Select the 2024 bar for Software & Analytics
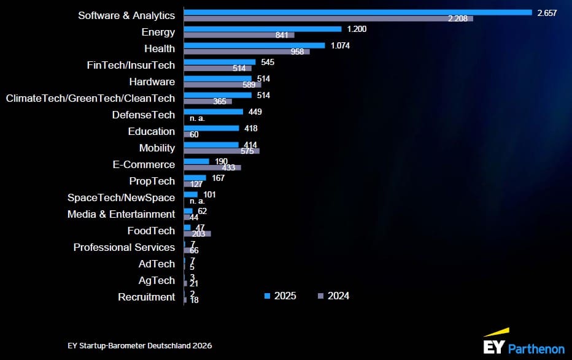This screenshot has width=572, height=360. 328,18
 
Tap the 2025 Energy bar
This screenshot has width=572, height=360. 262,29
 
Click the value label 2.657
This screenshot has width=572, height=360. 546,13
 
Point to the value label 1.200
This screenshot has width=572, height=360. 357,29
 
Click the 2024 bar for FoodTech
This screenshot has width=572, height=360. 197,234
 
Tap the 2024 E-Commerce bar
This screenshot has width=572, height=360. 212,167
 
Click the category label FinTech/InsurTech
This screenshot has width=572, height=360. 131,65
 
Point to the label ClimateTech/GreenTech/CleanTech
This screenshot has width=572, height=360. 90,98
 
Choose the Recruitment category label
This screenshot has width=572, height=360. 146,297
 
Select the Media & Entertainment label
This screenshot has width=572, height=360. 121,214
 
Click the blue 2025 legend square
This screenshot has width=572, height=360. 267,296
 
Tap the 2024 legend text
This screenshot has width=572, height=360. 338,296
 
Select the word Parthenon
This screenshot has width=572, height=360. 536,348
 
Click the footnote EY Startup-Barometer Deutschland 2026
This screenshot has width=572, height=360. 140,346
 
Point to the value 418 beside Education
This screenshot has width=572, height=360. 250,129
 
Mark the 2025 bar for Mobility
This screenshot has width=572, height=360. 211,145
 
